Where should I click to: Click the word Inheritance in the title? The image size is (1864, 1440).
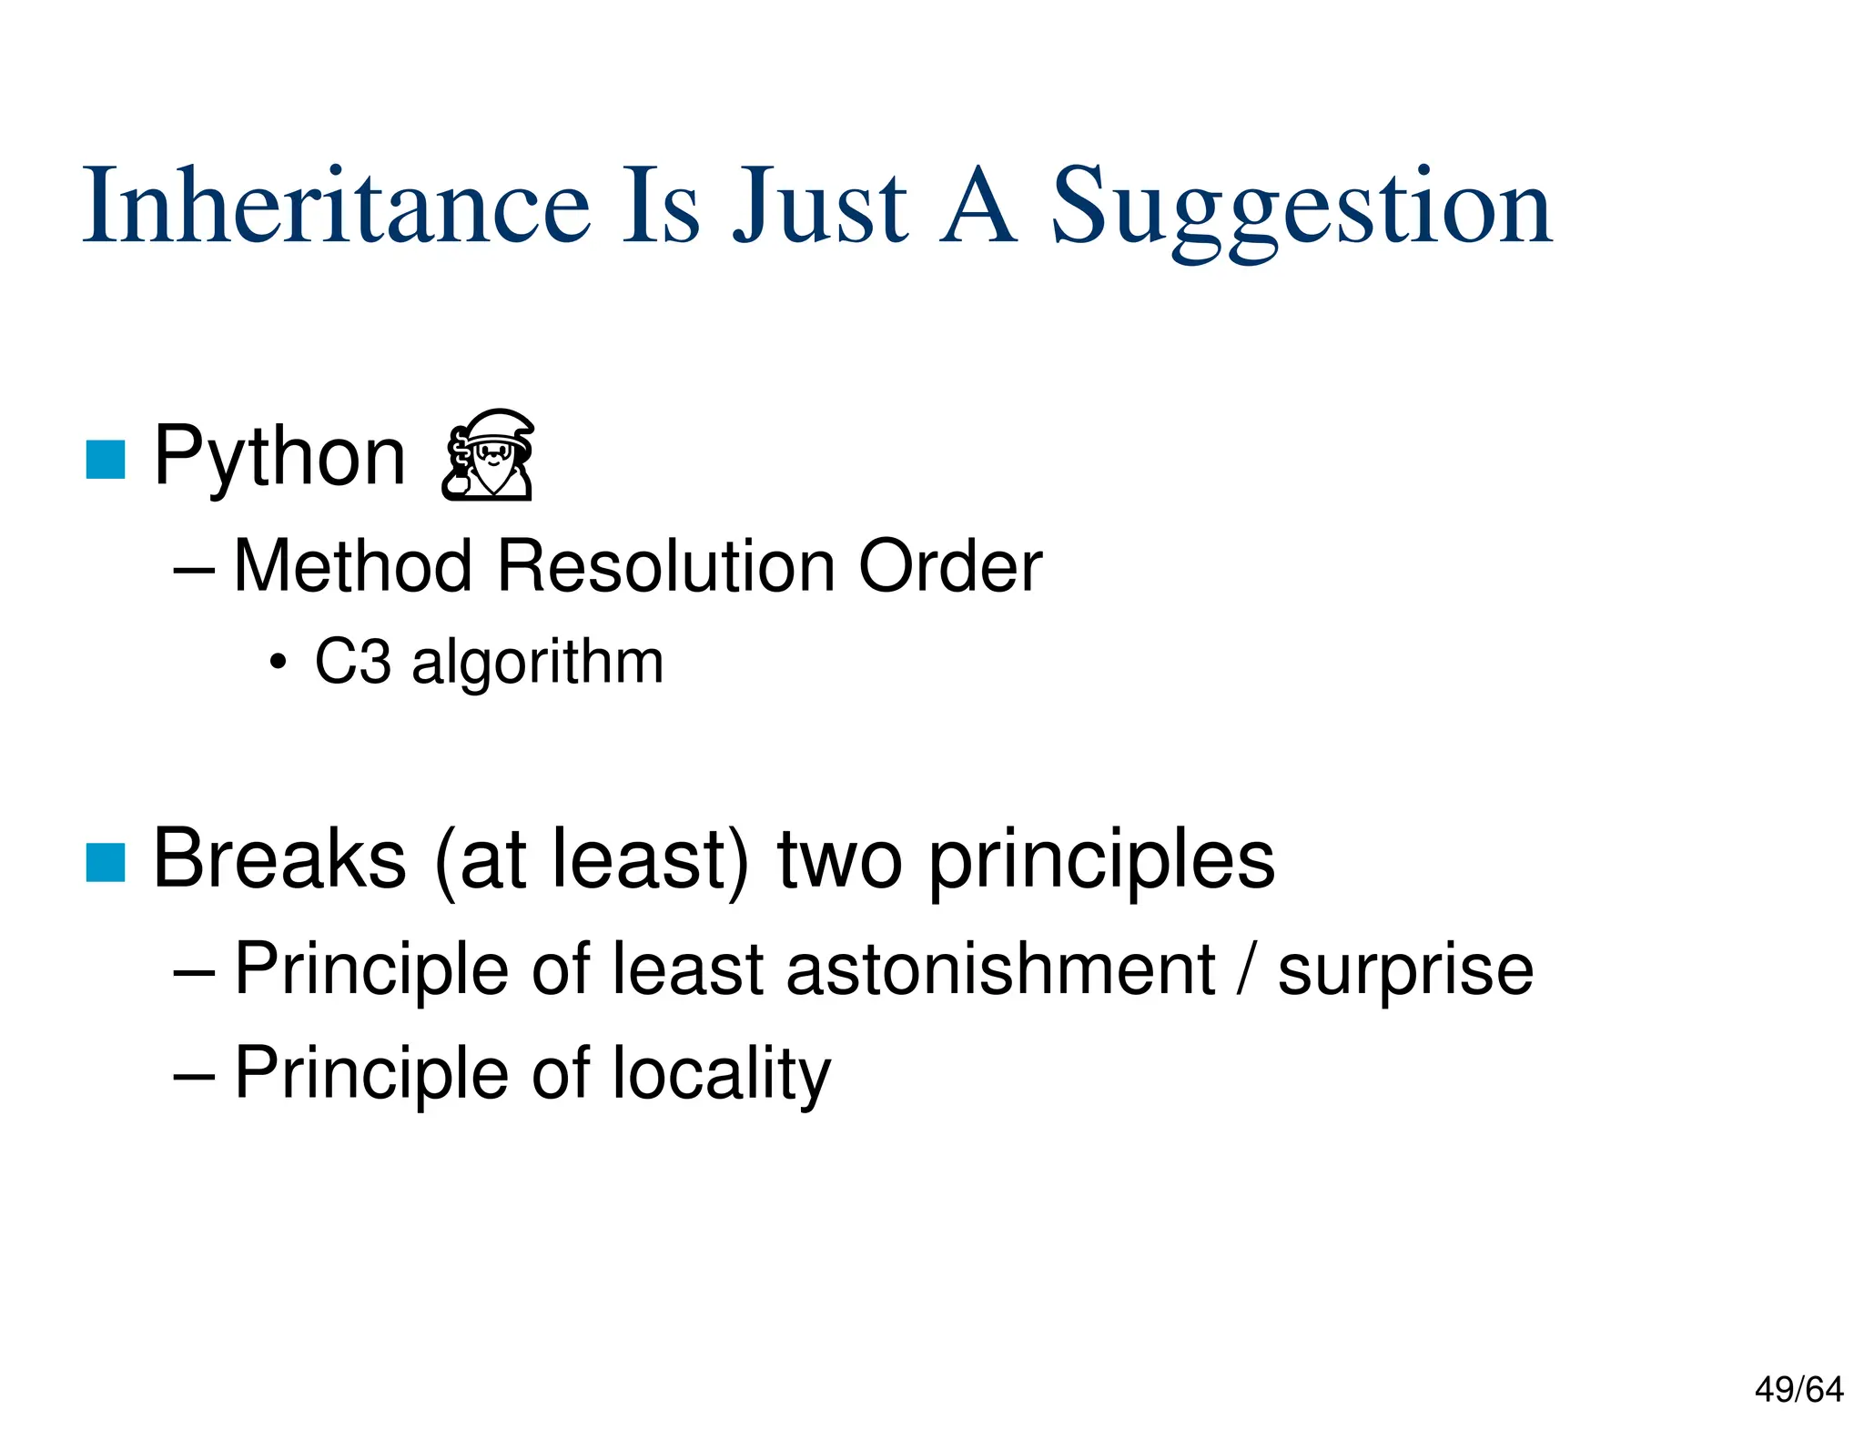click(x=337, y=207)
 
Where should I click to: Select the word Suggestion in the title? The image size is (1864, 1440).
click(x=1302, y=209)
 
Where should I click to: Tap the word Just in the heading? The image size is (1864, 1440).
click(x=820, y=207)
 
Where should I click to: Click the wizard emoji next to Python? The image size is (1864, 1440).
click(x=489, y=454)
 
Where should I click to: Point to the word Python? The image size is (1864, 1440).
click(x=279, y=457)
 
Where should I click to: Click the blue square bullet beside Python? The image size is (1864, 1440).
click(x=106, y=459)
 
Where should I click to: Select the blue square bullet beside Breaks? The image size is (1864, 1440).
click(x=106, y=862)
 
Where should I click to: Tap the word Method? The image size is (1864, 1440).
click(x=353, y=566)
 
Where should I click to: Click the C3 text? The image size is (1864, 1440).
click(x=353, y=662)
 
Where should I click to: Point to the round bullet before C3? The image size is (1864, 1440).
click(x=279, y=664)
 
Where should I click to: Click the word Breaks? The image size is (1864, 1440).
click(x=279, y=859)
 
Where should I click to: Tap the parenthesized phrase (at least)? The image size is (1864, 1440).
click(x=593, y=859)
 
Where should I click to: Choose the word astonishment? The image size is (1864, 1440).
click(x=1000, y=969)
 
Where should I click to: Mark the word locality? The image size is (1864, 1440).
click(x=721, y=1074)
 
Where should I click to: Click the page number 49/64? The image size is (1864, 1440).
click(x=1798, y=1390)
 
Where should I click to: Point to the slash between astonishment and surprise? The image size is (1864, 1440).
click(x=1246, y=969)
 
